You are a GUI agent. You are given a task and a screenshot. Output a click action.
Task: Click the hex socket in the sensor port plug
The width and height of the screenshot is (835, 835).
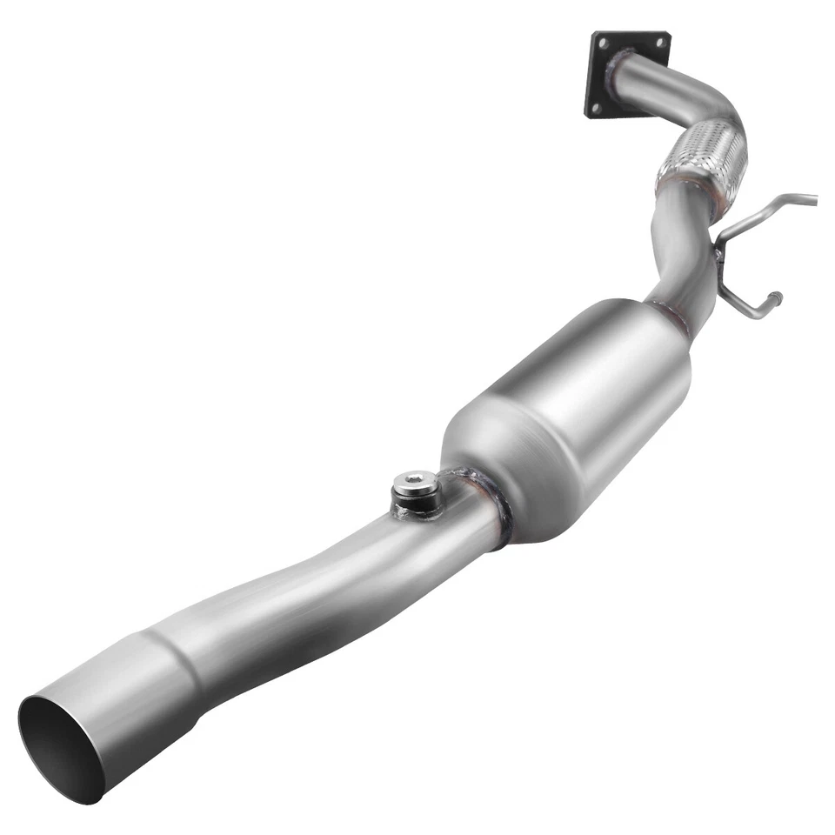point(415,479)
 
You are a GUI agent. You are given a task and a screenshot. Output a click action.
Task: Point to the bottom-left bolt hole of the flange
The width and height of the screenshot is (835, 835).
point(595,107)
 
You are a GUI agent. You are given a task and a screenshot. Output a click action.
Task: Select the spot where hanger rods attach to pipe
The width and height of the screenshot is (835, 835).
point(718,252)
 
